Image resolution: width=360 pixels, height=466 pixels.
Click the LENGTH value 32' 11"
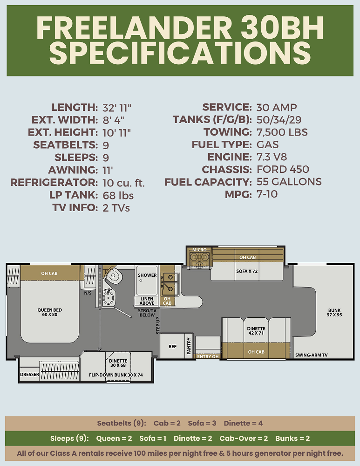point(117,108)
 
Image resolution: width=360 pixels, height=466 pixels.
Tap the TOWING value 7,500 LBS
point(282,132)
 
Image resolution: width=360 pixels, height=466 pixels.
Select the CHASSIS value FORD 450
point(283,170)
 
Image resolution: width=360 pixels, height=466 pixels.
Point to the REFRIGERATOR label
point(54,182)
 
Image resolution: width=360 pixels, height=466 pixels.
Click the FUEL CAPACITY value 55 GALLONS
point(289,182)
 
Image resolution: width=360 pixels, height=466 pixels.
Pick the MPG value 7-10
point(267,194)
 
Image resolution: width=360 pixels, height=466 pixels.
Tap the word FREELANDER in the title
point(134,28)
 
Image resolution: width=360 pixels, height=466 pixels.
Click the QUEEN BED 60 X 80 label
point(50,312)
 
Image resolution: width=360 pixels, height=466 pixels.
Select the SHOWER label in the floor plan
point(147,275)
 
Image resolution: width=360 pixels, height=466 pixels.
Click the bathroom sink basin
point(108,298)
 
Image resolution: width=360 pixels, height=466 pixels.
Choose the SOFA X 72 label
point(247,271)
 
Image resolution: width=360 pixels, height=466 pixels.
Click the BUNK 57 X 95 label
point(334,312)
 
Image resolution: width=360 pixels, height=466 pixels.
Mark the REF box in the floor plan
point(172,346)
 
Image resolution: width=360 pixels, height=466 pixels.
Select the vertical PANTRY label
point(189,346)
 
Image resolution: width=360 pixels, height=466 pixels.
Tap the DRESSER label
point(29,375)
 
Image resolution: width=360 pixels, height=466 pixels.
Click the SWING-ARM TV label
point(311,355)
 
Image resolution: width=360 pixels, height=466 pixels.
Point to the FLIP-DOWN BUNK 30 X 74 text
point(116,375)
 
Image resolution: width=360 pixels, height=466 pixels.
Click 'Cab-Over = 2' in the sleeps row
point(244,439)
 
